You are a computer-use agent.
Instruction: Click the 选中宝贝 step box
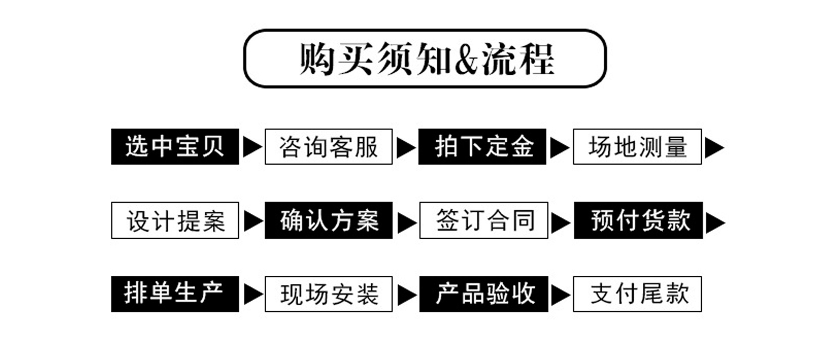[175, 147]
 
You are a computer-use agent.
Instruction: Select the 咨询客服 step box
[328, 147]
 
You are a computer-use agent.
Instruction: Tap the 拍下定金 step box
[482, 147]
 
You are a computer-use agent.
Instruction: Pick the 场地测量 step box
[637, 147]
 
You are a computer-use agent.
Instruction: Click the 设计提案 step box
[175, 220]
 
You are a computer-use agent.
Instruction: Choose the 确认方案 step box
[328, 220]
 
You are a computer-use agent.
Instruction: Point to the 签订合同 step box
[484, 220]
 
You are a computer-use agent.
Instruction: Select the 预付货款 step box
[638, 220]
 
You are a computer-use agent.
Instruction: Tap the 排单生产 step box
[175, 294]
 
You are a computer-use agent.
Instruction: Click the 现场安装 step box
[328, 294]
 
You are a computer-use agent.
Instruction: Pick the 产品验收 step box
[484, 294]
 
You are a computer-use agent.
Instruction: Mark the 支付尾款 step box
[637, 294]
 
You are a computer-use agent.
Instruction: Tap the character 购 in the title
[317, 59]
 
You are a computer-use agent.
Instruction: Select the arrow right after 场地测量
[714, 148]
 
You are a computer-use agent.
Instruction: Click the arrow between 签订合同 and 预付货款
[560, 222]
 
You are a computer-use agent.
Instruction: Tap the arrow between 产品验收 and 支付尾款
[560, 295]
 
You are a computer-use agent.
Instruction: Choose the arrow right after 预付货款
[715, 222]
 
